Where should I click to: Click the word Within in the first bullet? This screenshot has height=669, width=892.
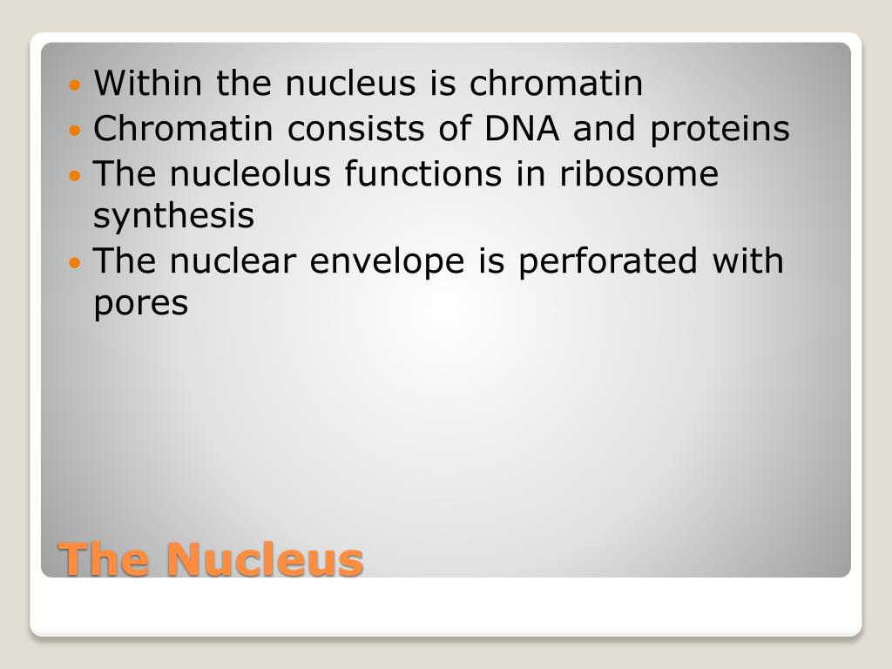(148, 83)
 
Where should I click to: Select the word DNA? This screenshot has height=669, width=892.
(522, 128)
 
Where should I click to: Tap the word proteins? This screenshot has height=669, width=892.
(720, 131)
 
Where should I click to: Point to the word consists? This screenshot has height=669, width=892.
(355, 129)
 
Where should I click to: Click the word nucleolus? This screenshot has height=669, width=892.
(250, 173)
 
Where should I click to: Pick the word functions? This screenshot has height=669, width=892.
(423, 173)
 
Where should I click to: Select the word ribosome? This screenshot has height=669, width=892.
(639, 173)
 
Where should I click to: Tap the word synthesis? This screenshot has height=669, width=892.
(173, 217)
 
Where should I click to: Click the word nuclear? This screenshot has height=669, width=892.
(233, 260)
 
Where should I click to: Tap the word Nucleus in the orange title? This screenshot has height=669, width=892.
(265, 559)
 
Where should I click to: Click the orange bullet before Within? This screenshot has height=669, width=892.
(75, 86)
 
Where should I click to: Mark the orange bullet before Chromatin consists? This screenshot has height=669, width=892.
(75, 131)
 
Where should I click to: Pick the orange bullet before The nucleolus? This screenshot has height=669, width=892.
(75, 176)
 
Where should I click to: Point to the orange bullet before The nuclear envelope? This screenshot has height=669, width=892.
(75, 263)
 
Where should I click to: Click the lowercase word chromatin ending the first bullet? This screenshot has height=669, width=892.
(556, 83)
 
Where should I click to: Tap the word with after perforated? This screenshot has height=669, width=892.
(747, 260)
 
